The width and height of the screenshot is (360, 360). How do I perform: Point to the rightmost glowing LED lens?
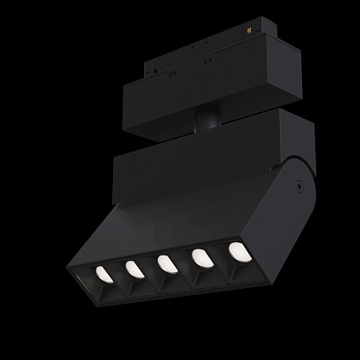[237, 251]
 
